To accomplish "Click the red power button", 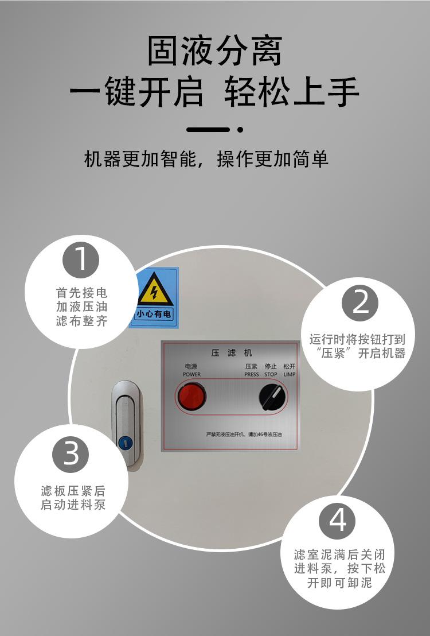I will click(191, 397).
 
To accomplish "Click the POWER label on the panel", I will click(191, 374).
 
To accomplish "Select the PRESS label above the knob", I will click(252, 374).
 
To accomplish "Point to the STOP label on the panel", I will click(271, 374).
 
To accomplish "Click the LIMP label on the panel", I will click(290, 374).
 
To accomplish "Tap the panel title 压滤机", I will click(231, 353).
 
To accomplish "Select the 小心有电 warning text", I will click(154, 315).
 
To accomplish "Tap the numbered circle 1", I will click(81, 259).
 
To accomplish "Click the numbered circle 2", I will click(360, 303).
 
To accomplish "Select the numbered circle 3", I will click(71, 455).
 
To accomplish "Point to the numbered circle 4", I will click(337, 521).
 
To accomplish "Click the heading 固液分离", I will click(214, 52).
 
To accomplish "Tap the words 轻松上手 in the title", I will click(292, 92).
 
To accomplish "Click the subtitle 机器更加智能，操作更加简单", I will click(206, 159).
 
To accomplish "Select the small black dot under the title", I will click(240, 130).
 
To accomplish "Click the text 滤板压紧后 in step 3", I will click(73, 491).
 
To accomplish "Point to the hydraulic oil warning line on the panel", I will click(244, 435).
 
